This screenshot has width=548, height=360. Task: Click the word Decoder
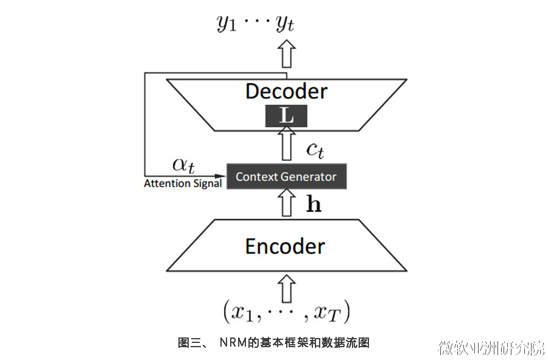click(286, 91)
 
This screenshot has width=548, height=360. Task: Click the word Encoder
click(285, 246)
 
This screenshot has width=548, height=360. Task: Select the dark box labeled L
click(286, 116)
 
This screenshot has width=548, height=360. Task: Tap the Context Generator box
click(286, 177)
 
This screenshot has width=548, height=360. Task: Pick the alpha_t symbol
click(183, 165)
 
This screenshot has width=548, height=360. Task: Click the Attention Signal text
click(183, 183)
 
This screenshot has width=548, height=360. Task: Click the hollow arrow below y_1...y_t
click(286, 54)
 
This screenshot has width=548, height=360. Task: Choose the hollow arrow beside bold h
click(286, 203)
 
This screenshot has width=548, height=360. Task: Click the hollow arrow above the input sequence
click(286, 287)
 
